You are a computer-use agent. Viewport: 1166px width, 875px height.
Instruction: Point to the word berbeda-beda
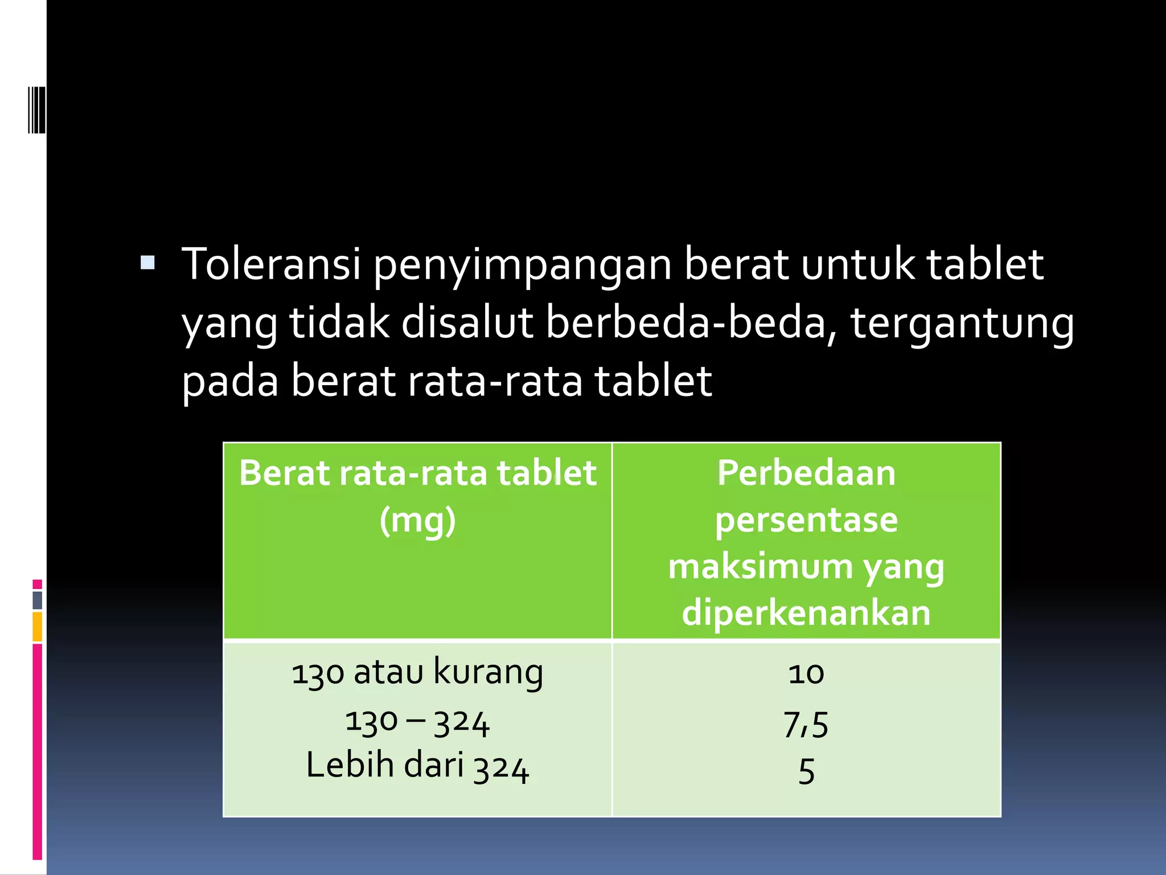click(691, 322)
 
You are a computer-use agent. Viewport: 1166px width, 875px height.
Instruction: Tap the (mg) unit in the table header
click(417, 521)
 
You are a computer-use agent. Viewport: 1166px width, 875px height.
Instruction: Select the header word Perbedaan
click(806, 473)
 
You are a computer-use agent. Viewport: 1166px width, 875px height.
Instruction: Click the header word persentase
click(806, 521)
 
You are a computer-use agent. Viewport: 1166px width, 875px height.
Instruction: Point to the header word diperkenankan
click(806, 614)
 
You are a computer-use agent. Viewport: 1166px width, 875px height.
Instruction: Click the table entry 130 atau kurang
click(417, 673)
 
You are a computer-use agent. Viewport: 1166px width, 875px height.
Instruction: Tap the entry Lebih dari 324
click(417, 766)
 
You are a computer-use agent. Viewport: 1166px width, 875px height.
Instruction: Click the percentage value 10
click(806, 674)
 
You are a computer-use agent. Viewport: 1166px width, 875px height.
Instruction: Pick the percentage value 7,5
click(806, 725)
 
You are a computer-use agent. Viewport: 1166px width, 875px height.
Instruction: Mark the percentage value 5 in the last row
click(806, 771)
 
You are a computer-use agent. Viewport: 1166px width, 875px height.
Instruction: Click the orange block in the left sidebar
click(38, 627)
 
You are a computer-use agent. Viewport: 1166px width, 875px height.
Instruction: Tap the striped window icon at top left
click(36, 109)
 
